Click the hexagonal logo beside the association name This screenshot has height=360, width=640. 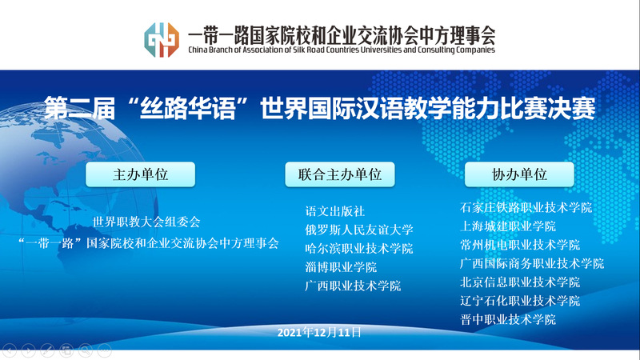coord(162,39)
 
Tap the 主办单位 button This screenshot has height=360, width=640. coord(141,174)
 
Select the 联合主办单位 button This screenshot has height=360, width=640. coord(339,174)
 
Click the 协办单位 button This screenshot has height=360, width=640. coord(519,174)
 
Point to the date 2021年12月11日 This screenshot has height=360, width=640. coord(319,333)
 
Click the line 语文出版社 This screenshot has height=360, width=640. coord(334,211)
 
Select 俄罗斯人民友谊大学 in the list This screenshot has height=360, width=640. coord(358,230)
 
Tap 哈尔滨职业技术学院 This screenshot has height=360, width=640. coord(358,249)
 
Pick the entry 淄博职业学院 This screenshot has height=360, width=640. coord(341,267)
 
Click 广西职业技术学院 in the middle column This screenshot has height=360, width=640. coord(353,286)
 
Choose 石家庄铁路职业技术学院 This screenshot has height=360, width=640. coord(526,208)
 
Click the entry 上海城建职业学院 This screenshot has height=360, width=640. coord(508,226)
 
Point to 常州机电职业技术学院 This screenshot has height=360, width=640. coord(520,245)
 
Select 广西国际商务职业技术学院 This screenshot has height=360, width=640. coord(532,264)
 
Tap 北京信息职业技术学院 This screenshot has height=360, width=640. coord(520,282)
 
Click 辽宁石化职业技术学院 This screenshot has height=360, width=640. coord(520,302)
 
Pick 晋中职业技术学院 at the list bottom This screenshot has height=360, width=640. coord(508,319)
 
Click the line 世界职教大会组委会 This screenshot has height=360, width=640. coord(146,222)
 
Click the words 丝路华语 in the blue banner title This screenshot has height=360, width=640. coord(188,109)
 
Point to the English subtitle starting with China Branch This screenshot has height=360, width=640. coord(342,50)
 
